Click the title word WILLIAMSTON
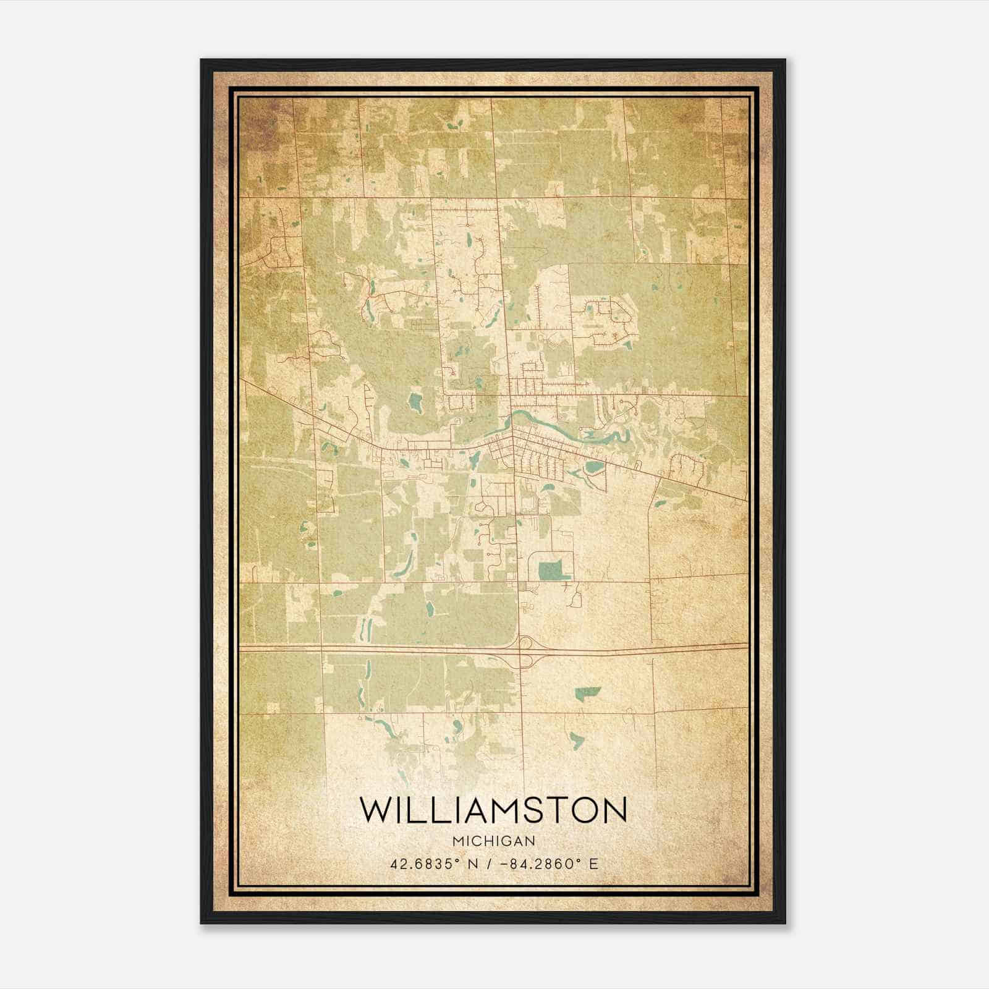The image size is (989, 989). click(493, 811)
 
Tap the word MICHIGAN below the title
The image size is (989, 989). click(493, 841)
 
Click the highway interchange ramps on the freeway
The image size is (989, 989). click(524, 652)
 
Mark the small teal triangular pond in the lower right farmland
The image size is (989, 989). click(576, 739)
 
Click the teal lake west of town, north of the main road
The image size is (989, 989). click(415, 402)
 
